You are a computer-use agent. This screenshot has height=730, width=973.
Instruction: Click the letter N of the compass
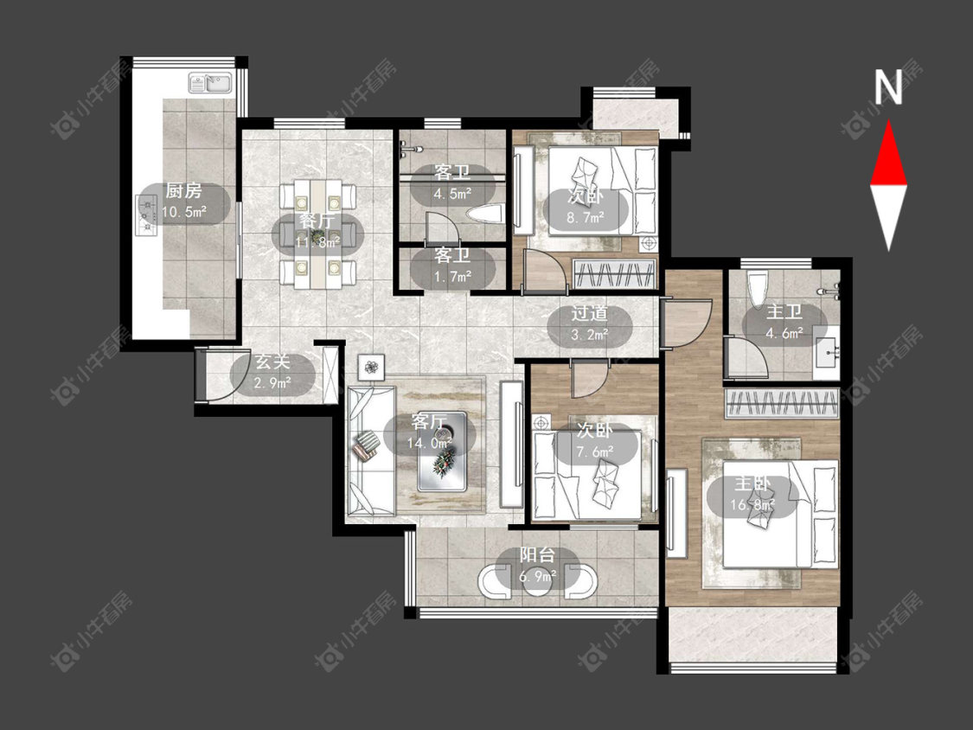coord(888,86)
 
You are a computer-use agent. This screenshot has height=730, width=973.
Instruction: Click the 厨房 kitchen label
coord(183,190)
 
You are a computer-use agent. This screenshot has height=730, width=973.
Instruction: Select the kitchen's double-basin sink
coord(210,82)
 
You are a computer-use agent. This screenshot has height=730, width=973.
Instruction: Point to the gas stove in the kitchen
coord(146,215)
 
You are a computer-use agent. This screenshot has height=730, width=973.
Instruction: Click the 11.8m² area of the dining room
coord(317,241)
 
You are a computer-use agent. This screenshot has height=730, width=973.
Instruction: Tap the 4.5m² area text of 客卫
coord(452,194)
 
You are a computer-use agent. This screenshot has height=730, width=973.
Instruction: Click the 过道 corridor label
coord(590,314)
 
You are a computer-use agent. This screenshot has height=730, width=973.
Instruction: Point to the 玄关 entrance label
coord(273,362)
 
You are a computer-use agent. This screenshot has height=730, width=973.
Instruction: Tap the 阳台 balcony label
coord(537,554)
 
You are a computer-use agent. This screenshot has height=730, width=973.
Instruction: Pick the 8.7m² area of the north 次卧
coord(586,218)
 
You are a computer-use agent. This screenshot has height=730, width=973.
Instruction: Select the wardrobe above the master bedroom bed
coord(783,403)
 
